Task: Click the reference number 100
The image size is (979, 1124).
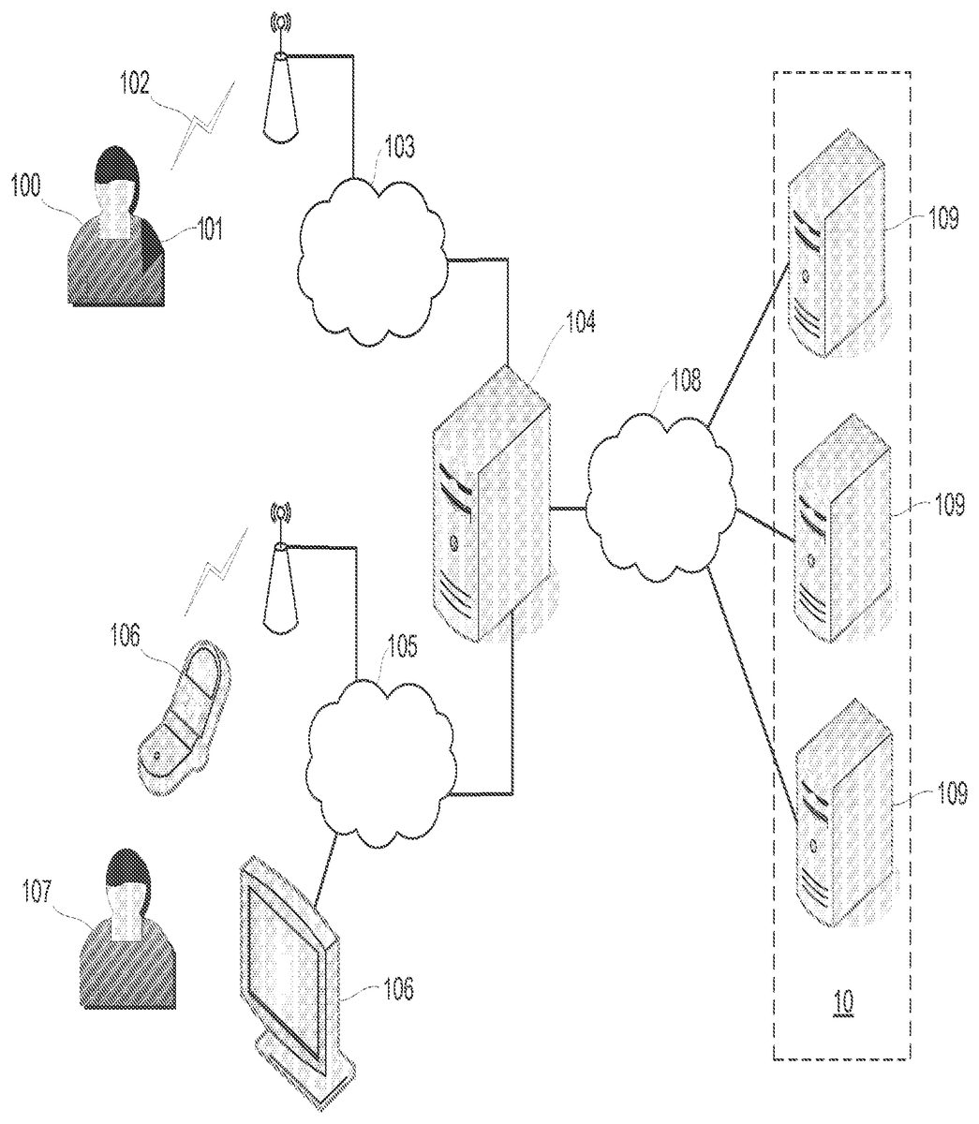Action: coord(26,185)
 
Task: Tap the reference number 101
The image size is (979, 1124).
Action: coord(209,229)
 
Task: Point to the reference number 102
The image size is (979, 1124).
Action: coord(135,86)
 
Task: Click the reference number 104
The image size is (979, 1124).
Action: coord(580,323)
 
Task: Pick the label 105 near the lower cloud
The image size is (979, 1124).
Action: coord(402,647)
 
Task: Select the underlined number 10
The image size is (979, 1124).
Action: coord(843,1001)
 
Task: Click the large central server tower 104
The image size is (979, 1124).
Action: coord(492,502)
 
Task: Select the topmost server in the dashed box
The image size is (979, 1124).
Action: coord(836,244)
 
